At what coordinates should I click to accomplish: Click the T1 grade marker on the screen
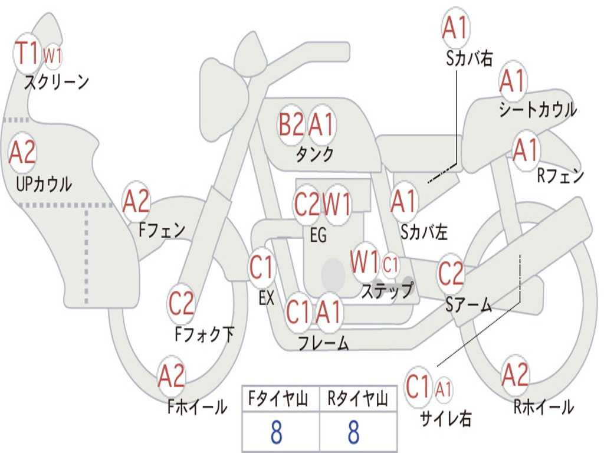point(27,53)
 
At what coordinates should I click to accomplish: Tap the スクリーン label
point(57,82)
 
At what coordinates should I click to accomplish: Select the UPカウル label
point(44,184)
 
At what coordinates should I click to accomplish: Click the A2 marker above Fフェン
point(136,201)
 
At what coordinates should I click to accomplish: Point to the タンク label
point(315,155)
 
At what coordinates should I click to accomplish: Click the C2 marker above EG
point(307,203)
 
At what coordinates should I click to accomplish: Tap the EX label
point(267,298)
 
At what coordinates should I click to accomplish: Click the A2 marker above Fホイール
point(172,376)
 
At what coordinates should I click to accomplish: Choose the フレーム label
point(323,343)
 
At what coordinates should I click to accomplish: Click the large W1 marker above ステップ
point(365,262)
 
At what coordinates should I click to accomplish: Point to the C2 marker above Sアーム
point(451,273)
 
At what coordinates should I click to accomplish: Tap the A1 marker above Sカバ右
point(456,28)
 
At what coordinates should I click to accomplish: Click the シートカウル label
point(538,109)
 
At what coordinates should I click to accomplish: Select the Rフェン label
point(560,176)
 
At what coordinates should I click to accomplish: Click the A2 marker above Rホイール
point(515,375)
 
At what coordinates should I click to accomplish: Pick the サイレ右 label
point(446,418)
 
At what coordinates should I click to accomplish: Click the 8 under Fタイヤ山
point(277,432)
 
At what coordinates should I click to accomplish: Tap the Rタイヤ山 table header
point(358,399)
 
